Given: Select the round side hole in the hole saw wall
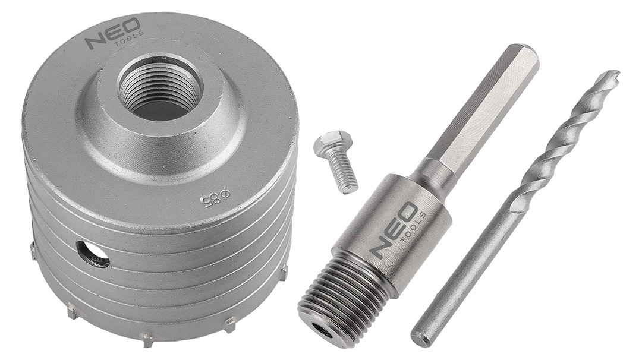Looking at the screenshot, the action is pyautogui.click(x=93, y=254).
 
